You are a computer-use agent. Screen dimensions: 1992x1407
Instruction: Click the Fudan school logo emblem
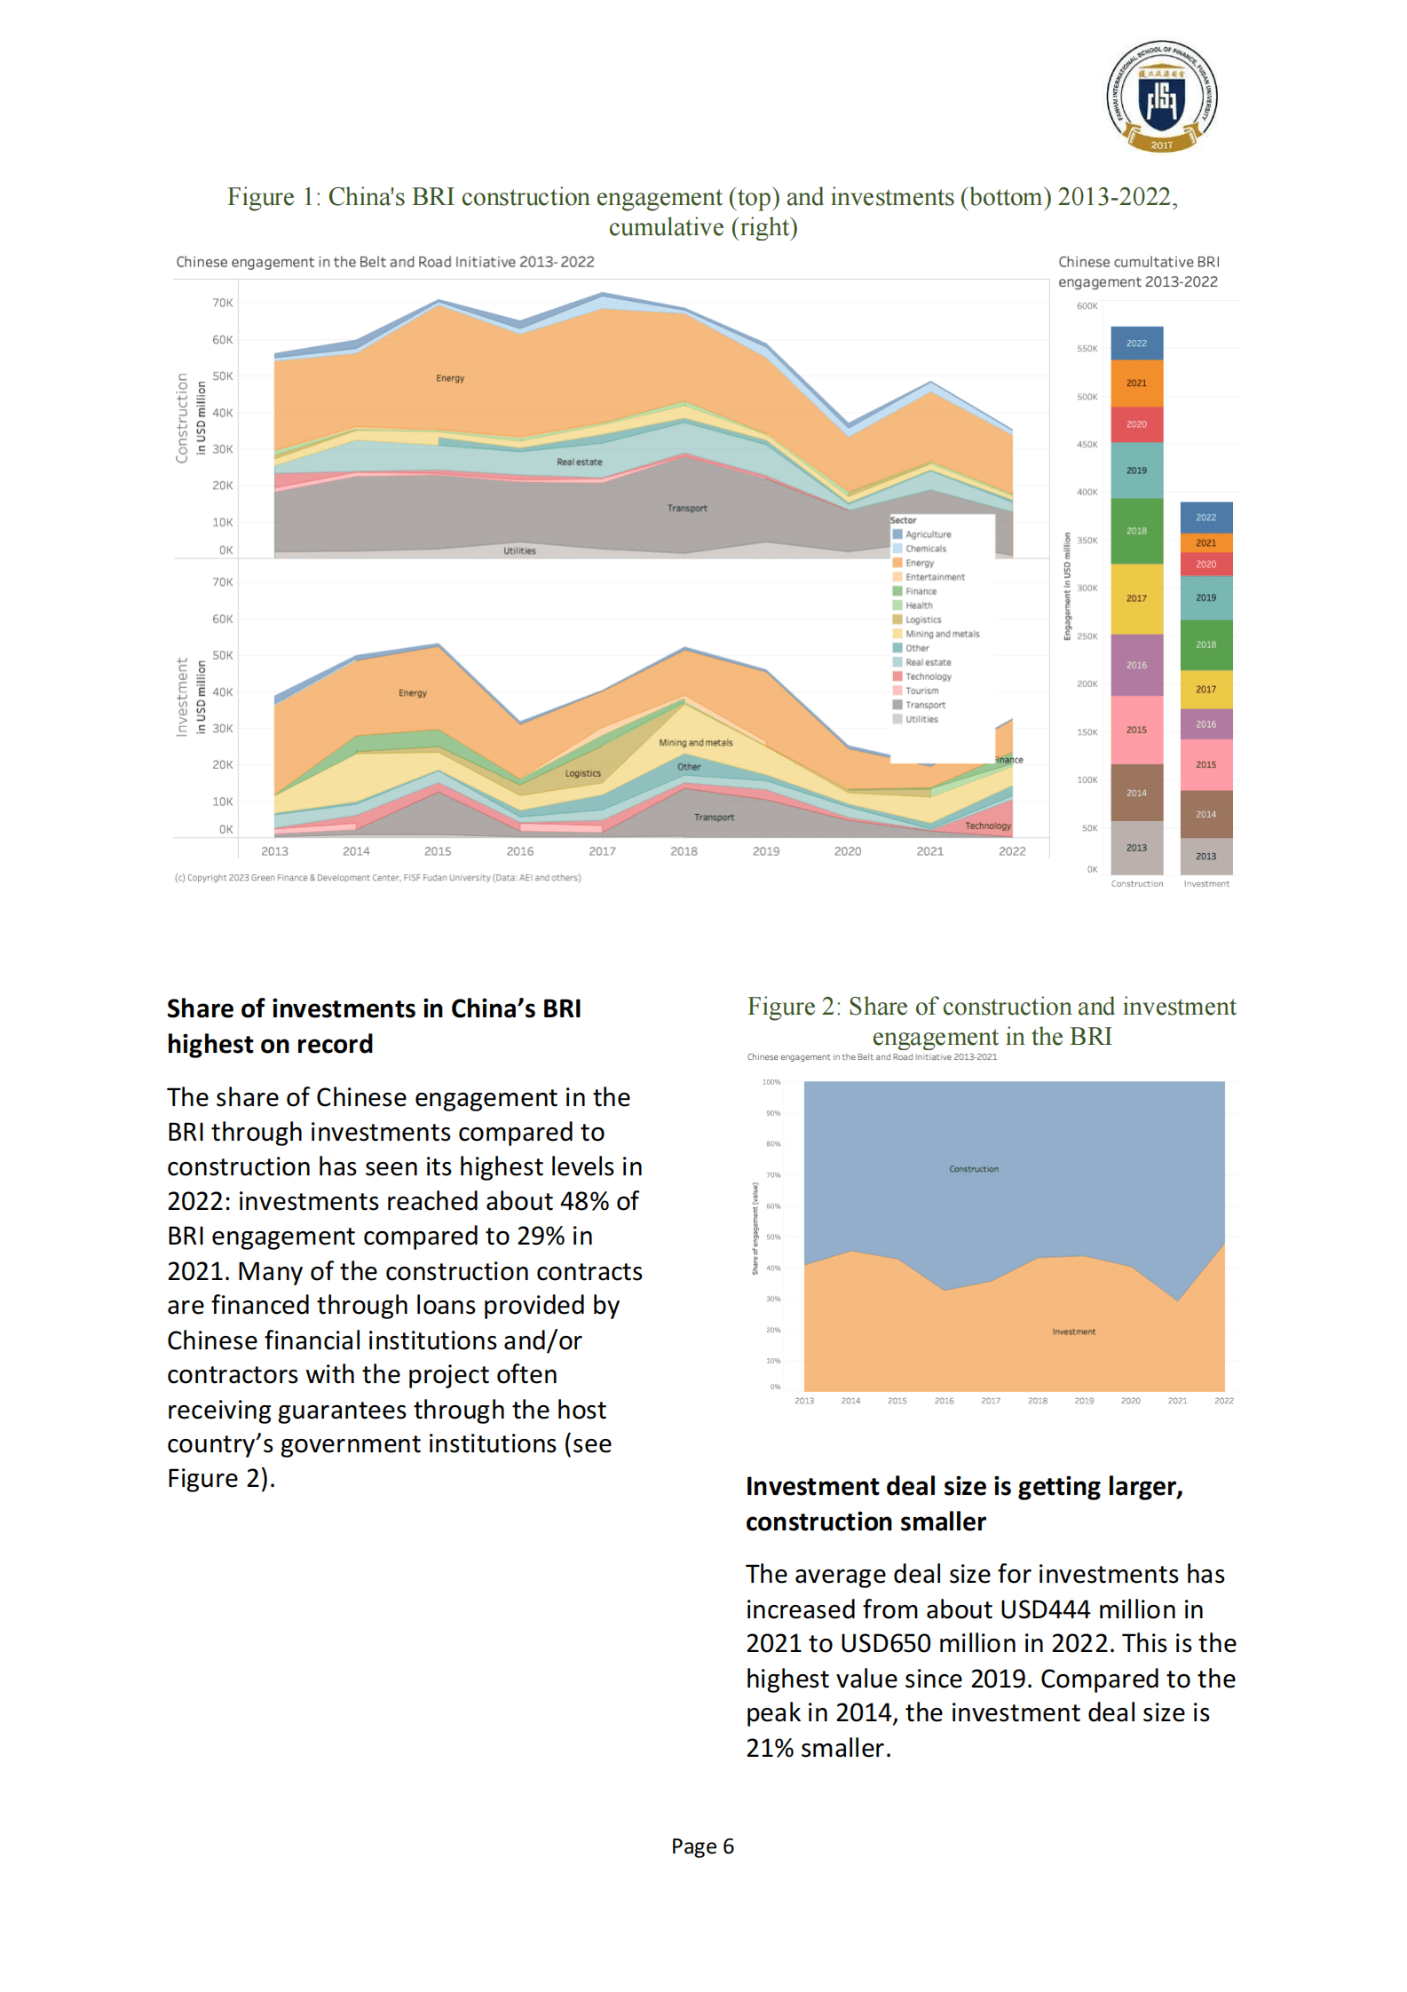1161,96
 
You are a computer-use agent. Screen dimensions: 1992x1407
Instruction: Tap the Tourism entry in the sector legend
921,691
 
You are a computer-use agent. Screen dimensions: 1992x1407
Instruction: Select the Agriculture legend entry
927,534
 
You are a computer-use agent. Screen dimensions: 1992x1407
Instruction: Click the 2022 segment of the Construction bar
1136,344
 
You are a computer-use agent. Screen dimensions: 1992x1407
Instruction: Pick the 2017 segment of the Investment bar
1205,689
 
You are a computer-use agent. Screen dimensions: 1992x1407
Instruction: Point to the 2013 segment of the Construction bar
1136,848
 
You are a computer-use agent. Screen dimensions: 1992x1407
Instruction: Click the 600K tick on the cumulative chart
1087,306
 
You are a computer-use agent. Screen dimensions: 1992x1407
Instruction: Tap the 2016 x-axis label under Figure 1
519,851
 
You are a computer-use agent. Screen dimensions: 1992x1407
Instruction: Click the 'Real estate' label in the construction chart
579,462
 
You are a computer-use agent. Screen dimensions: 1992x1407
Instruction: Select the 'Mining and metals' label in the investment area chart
695,742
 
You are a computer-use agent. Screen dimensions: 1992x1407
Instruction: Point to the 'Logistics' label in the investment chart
582,773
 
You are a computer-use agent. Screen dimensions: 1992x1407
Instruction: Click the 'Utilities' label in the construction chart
519,550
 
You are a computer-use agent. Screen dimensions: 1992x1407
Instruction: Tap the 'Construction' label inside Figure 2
973,1169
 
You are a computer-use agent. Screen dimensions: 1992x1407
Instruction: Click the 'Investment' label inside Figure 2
1073,1332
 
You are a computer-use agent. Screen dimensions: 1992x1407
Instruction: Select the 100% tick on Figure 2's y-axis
771,1082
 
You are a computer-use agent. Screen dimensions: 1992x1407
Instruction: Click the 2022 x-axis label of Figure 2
1223,1401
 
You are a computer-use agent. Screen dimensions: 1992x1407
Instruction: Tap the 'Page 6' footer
702,1846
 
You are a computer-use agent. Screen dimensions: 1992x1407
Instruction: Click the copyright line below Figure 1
377,878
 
